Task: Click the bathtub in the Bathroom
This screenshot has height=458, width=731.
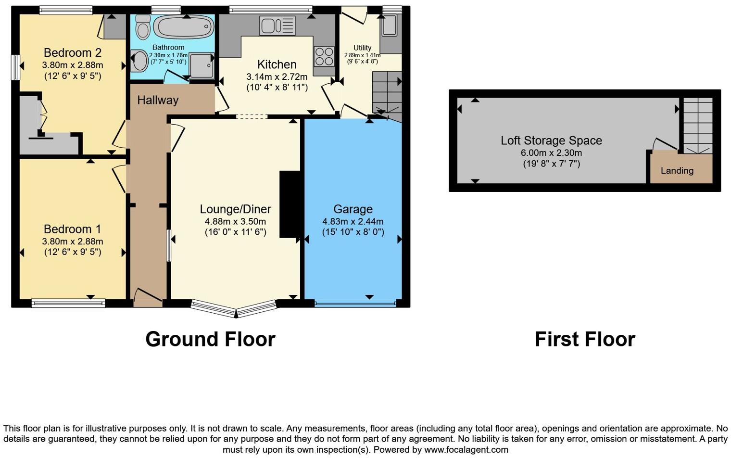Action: tap(183, 27)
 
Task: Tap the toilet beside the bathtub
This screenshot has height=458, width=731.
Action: tap(143, 27)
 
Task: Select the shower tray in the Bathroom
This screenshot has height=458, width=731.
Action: tap(202, 65)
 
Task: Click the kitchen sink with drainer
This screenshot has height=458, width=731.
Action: tap(277, 25)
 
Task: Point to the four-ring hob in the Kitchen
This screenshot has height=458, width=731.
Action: tap(324, 56)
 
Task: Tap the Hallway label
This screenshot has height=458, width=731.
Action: tap(158, 100)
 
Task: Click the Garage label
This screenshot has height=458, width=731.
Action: tap(353, 209)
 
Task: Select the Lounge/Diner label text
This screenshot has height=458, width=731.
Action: tap(235, 209)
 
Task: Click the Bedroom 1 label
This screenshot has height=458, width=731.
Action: tap(72, 229)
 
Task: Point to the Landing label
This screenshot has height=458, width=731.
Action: tap(677, 171)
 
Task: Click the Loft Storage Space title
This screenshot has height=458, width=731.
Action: tap(551, 140)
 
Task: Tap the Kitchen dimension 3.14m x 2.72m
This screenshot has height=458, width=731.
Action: tap(277, 76)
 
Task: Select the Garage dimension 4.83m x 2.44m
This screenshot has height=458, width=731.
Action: tap(353, 222)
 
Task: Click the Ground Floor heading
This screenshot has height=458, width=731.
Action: tap(210, 339)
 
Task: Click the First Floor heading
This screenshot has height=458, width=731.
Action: tap(584, 339)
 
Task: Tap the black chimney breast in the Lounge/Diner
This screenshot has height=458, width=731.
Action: tap(289, 204)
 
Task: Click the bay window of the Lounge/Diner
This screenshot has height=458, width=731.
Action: tap(235, 308)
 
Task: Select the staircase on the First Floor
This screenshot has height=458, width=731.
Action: tap(698, 125)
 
